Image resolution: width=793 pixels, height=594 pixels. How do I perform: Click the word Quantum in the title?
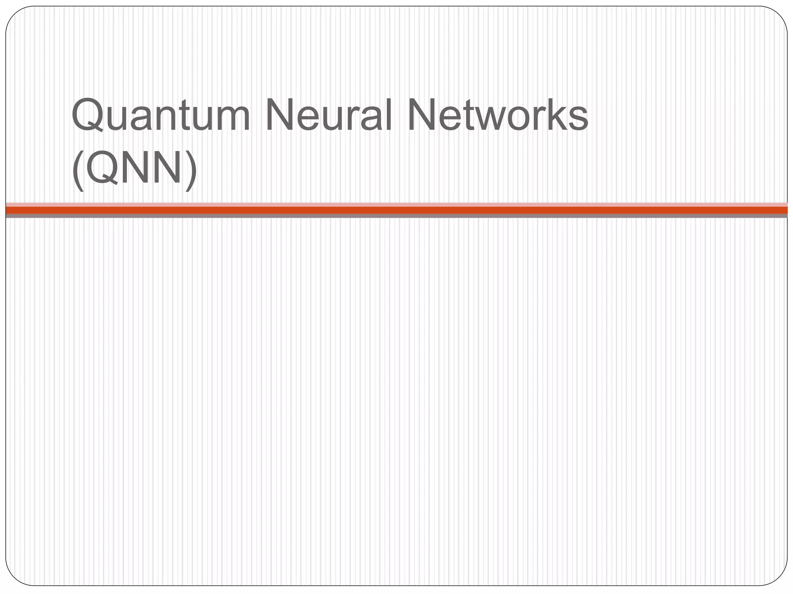pos(161,115)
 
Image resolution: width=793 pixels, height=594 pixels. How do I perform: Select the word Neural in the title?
pos(329,115)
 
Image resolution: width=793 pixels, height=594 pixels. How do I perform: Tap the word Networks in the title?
pos(498,115)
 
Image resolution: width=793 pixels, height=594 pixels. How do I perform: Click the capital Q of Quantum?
pos(88,115)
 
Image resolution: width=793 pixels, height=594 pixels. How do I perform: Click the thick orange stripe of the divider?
pos(396,210)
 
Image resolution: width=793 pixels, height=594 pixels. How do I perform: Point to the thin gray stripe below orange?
pos(396,216)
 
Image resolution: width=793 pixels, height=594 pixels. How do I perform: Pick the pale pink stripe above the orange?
pos(396,204)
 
